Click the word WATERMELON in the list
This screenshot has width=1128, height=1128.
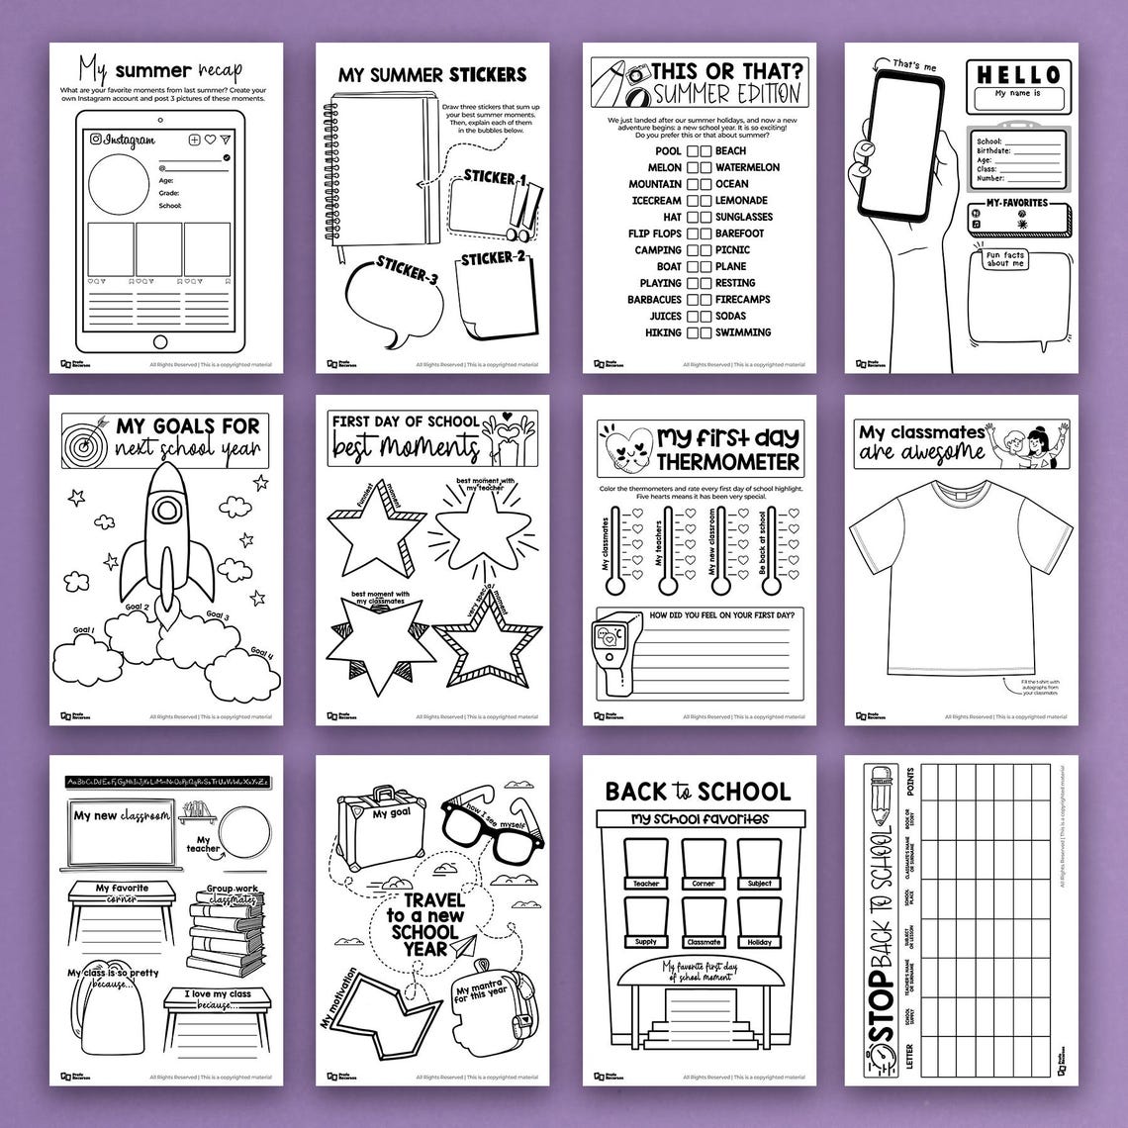pyautogui.click(x=747, y=167)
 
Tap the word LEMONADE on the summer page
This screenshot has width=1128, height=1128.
pyautogui.click(x=742, y=200)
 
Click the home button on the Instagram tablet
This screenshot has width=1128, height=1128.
pyautogui.click(x=160, y=342)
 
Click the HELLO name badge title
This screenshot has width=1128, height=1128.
pyautogui.click(x=1019, y=75)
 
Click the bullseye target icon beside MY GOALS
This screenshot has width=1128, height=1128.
pyautogui.click(x=86, y=440)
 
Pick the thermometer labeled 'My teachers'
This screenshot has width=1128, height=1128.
pyautogui.click(x=669, y=550)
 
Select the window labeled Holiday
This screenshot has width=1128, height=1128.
pyautogui.click(x=760, y=920)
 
